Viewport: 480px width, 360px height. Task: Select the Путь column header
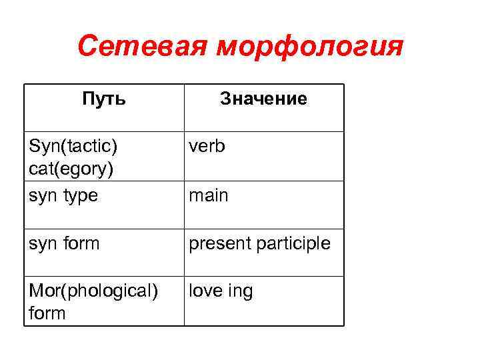103,99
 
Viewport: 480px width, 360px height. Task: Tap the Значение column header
263,99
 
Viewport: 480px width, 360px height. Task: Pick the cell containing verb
207,145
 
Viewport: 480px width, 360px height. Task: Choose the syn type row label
63,196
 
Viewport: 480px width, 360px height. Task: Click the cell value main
208,195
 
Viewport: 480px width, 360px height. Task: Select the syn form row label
64,244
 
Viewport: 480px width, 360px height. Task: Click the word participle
293,244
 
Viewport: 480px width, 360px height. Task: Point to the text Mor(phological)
93,292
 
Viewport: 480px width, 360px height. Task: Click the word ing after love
241,292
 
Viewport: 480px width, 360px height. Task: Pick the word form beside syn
80,244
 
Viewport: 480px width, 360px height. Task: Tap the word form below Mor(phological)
48,313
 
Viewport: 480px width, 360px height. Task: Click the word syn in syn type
41,196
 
